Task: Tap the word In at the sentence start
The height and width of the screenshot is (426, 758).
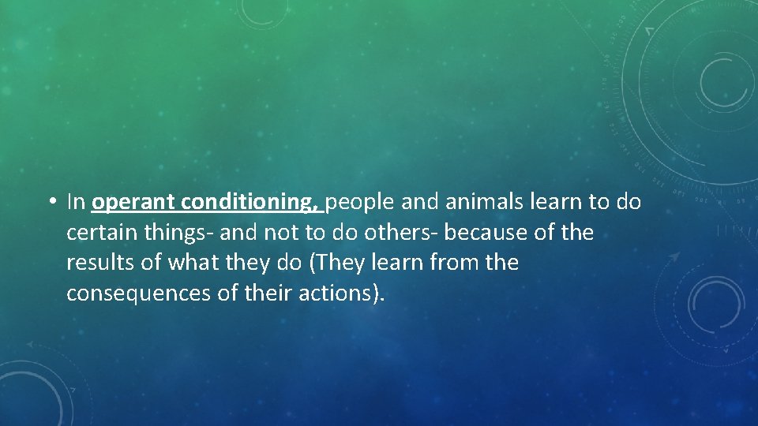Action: point(76,203)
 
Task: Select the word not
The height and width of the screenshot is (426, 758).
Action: point(257,233)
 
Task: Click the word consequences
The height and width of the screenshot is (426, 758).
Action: point(129,293)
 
